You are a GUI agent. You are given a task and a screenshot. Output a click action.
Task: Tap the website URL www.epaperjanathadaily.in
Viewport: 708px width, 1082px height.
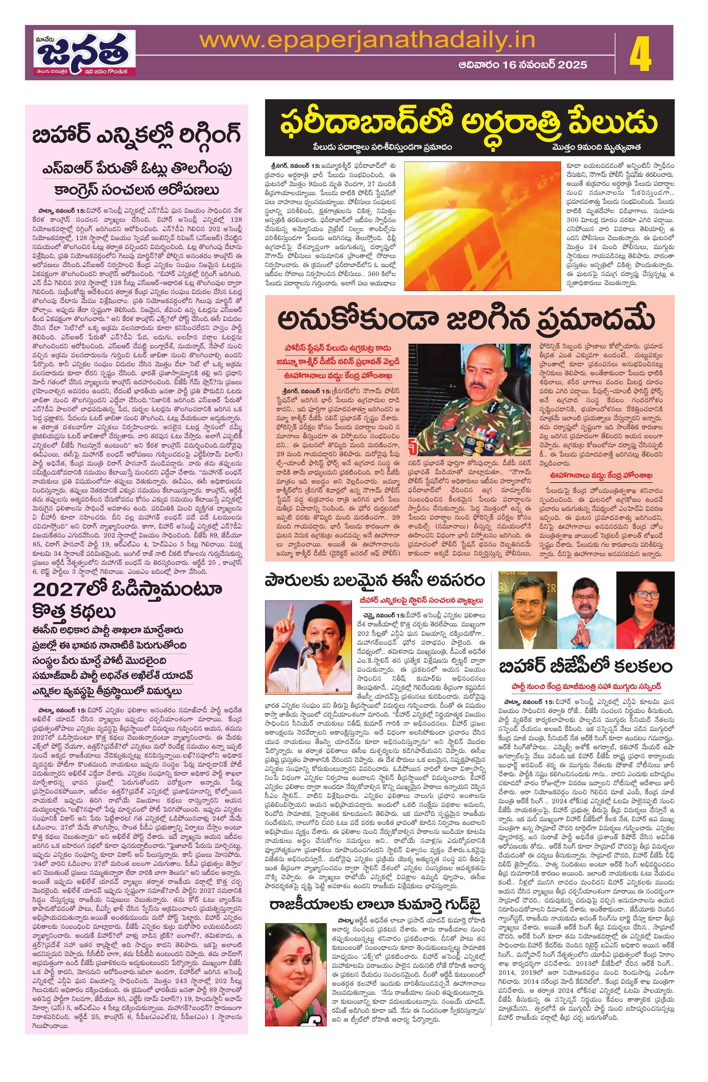(x=367, y=40)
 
